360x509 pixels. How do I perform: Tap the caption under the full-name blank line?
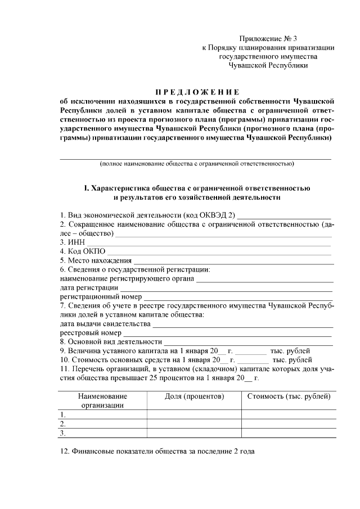196,164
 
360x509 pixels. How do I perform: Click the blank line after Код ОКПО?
219,251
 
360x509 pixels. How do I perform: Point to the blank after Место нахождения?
233,260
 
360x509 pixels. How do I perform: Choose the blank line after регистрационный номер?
238,297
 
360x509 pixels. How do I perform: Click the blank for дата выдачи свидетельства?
243,325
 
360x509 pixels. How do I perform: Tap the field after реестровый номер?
228,334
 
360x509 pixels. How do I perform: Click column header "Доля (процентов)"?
194,397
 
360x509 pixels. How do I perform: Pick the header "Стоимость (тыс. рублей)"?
289,397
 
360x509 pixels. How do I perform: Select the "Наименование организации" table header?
102,400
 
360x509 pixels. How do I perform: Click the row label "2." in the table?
63,424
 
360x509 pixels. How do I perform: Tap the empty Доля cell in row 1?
194,415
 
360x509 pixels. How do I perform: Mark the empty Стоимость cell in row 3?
289,433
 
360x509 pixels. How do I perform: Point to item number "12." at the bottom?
65,451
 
